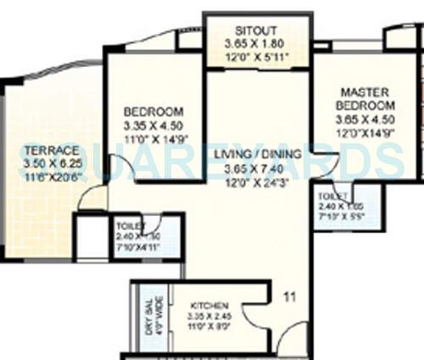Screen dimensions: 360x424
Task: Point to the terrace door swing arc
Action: [x=92, y=197]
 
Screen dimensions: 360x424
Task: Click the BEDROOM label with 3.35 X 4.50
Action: [x=153, y=112]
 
